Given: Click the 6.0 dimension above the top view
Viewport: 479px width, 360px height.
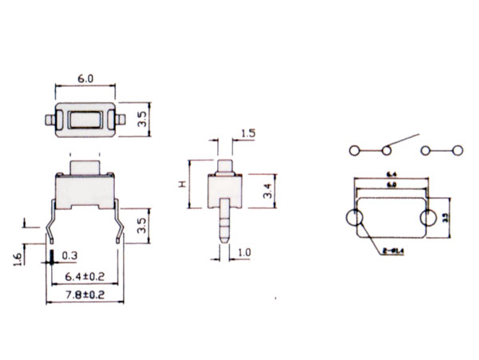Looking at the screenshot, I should click(x=85, y=78).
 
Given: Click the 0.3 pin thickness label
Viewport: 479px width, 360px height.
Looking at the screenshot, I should click(x=69, y=256).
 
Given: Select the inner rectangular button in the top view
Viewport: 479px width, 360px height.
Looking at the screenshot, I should click(x=85, y=120).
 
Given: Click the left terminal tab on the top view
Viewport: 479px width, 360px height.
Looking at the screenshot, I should click(x=49, y=120).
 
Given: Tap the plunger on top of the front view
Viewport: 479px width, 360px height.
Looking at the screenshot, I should click(x=85, y=167).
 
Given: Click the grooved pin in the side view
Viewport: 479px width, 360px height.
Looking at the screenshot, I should click(x=225, y=224).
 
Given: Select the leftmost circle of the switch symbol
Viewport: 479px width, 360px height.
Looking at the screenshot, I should click(x=352, y=150).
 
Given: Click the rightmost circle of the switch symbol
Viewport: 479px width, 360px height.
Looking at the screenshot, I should click(x=458, y=150).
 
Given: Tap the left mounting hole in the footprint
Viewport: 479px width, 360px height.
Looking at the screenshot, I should click(x=354, y=219).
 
